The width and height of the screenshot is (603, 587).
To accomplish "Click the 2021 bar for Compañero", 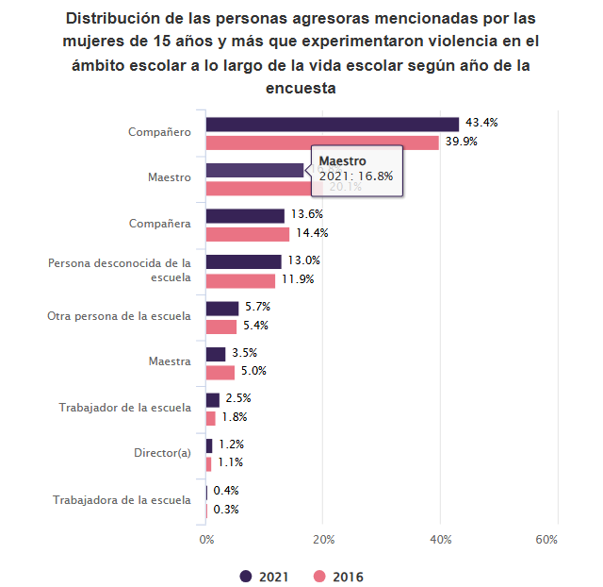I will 332,124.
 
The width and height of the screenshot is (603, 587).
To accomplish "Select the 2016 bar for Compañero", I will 322,143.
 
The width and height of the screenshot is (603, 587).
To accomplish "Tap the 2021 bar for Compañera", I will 245,215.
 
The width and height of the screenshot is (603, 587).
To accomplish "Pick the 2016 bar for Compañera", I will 248,234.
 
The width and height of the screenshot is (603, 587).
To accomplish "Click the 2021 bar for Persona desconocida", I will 243,261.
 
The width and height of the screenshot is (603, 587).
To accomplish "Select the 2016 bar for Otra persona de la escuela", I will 221,327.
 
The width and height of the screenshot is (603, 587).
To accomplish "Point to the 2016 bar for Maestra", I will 220,372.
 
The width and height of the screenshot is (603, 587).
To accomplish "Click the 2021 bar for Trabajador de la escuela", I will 213,399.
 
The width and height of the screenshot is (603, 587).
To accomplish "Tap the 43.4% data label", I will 481,124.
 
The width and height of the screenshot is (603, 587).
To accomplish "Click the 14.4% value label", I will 312,234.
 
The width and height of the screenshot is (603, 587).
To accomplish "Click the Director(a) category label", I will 162,453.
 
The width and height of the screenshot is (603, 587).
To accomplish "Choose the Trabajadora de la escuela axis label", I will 122,499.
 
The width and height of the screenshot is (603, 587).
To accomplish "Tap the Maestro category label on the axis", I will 170,177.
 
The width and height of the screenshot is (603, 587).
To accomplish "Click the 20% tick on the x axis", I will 323,540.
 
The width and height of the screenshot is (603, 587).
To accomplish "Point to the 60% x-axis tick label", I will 546,540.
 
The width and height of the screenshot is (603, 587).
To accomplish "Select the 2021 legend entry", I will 265,577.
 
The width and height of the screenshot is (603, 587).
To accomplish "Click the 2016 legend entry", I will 338,577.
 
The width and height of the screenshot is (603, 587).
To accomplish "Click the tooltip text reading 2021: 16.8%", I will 356,176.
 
